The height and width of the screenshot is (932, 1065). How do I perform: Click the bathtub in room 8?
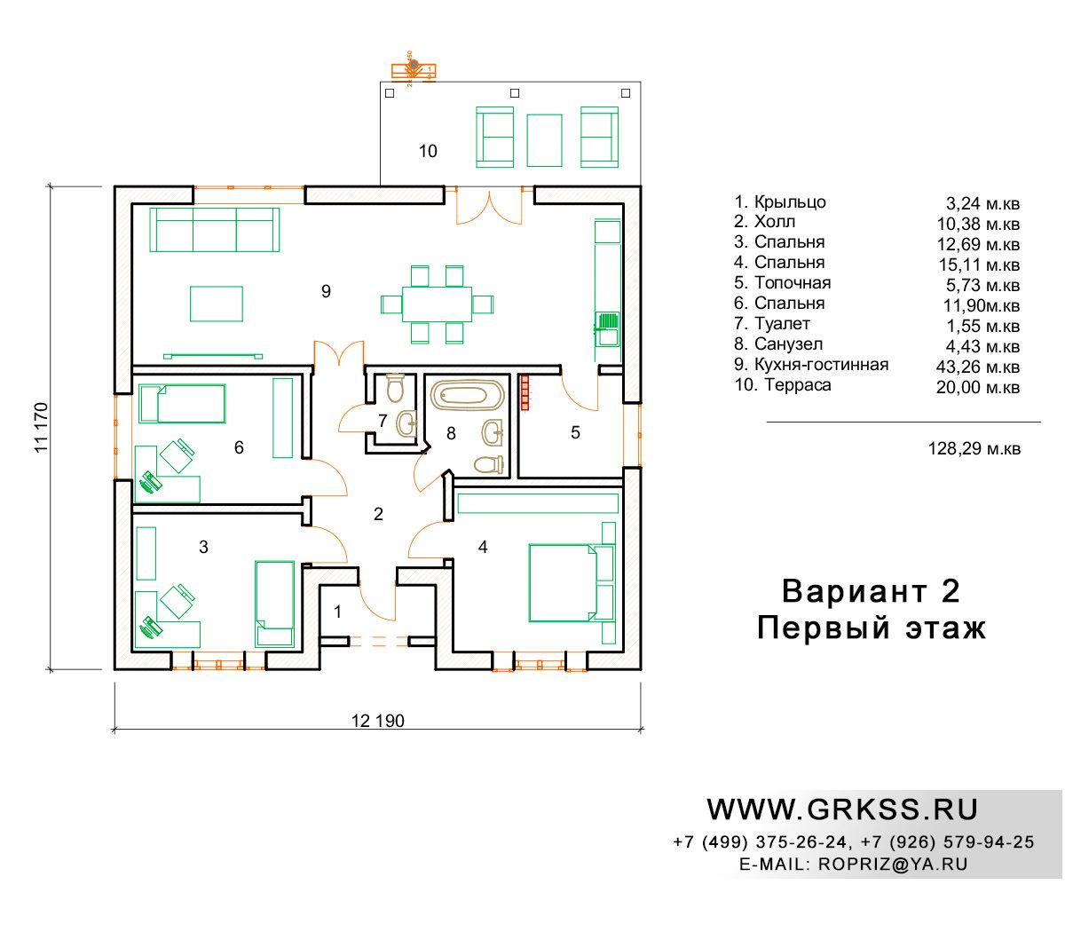(x=467, y=394)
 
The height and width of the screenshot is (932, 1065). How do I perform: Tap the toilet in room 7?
(x=396, y=387)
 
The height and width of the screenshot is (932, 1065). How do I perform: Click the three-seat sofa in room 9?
(x=214, y=230)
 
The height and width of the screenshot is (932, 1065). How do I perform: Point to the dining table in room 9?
(x=437, y=304)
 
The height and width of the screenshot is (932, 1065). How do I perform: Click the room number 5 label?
(x=575, y=432)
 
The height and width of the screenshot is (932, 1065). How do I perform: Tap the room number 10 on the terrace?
(x=428, y=151)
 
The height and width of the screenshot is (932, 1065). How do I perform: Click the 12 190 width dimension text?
(x=377, y=721)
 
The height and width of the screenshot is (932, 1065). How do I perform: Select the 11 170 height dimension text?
(x=41, y=427)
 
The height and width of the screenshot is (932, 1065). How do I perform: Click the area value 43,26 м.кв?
(x=977, y=367)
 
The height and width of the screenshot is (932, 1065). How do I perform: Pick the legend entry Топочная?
(x=793, y=283)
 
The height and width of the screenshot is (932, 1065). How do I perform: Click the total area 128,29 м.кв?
(x=974, y=448)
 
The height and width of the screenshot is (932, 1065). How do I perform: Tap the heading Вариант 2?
(x=871, y=591)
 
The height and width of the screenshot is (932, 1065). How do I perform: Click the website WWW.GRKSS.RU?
(x=842, y=810)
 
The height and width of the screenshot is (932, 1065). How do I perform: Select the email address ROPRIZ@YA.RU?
(x=893, y=864)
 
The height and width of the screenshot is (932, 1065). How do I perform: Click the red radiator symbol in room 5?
(x=525, y=392)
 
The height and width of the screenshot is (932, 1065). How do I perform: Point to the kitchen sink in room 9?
(x=607, y=329)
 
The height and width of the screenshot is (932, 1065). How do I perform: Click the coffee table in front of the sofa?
(x=216, y=304)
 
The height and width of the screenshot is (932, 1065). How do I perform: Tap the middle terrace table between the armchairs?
(x=544, y=140)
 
